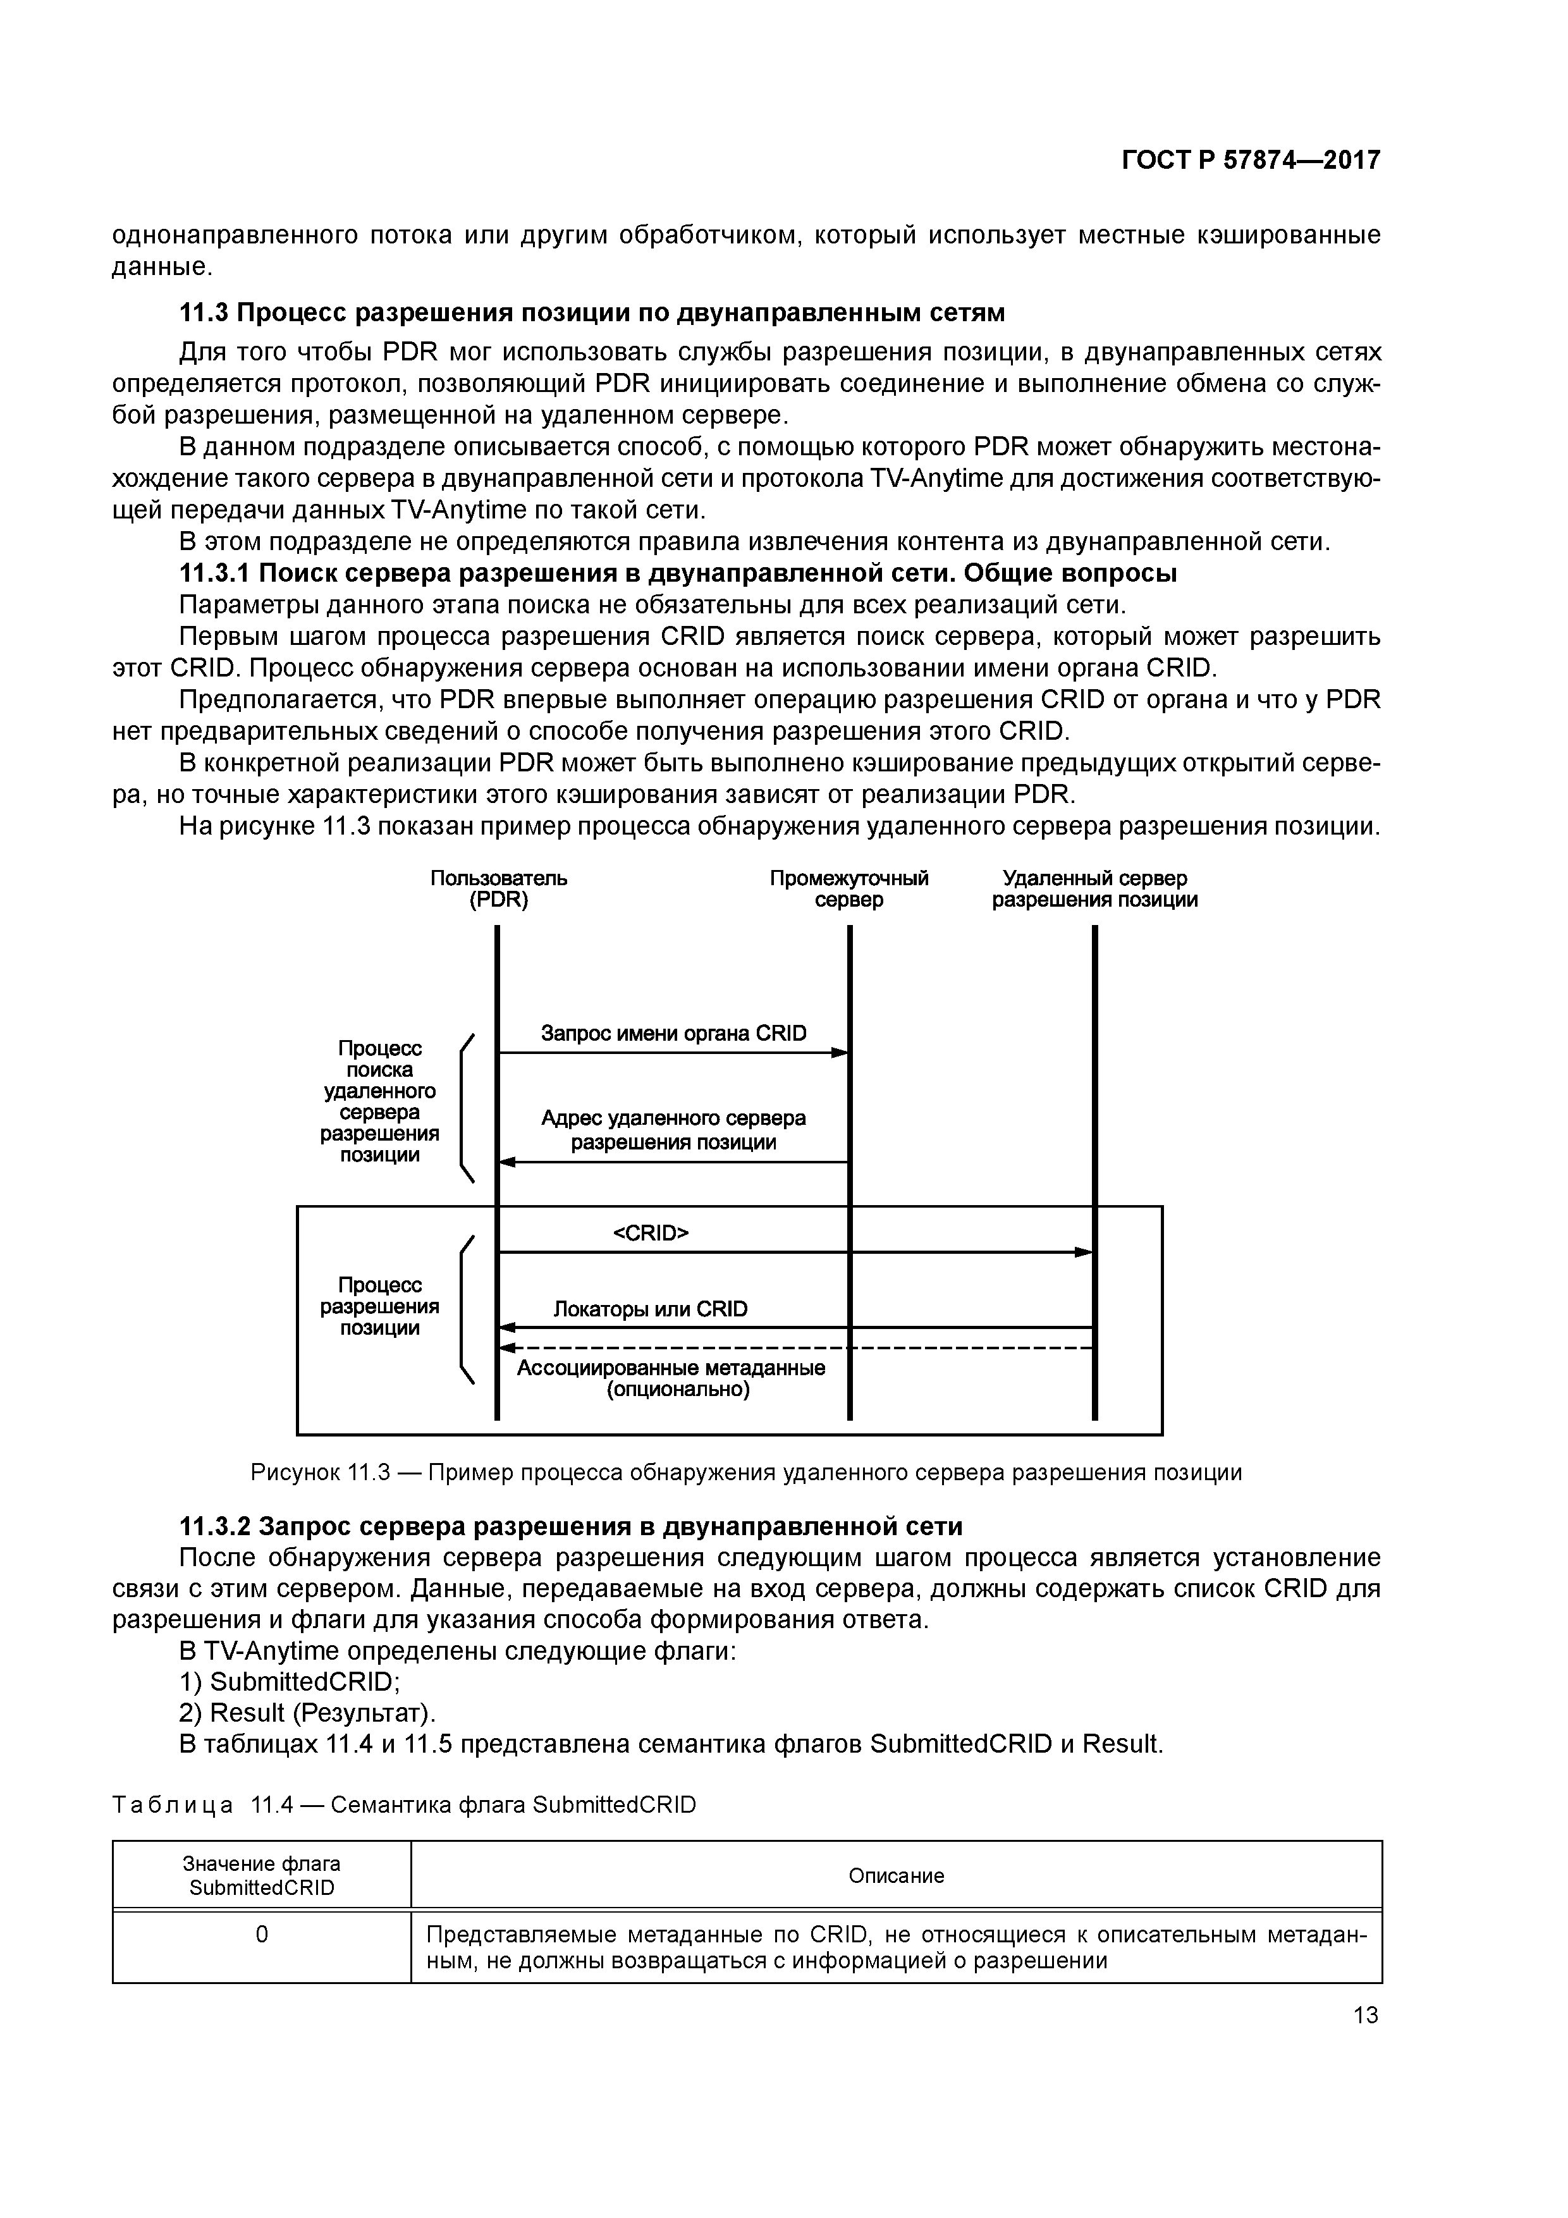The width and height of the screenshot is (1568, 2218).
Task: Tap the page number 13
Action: [1365, 2014]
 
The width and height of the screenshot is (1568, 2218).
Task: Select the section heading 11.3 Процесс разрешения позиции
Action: [592, 313]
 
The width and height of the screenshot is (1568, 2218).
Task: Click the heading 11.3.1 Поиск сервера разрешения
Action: [678, 573]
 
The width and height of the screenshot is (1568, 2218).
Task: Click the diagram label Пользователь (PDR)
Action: [498, 889]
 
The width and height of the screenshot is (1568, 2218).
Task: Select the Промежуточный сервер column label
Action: [848, 889]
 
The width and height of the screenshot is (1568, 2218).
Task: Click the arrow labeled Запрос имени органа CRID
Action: [673, 1052]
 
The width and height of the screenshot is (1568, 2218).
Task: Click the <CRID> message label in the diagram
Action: [651, 1233]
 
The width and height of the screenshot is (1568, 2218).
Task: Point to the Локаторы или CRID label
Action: [650, 1309]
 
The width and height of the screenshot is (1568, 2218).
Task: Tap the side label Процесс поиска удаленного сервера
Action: [380, 1101]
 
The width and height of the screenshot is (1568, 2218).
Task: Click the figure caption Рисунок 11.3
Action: [746, 1472]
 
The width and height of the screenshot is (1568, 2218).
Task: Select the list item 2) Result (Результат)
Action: [308, 1713]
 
